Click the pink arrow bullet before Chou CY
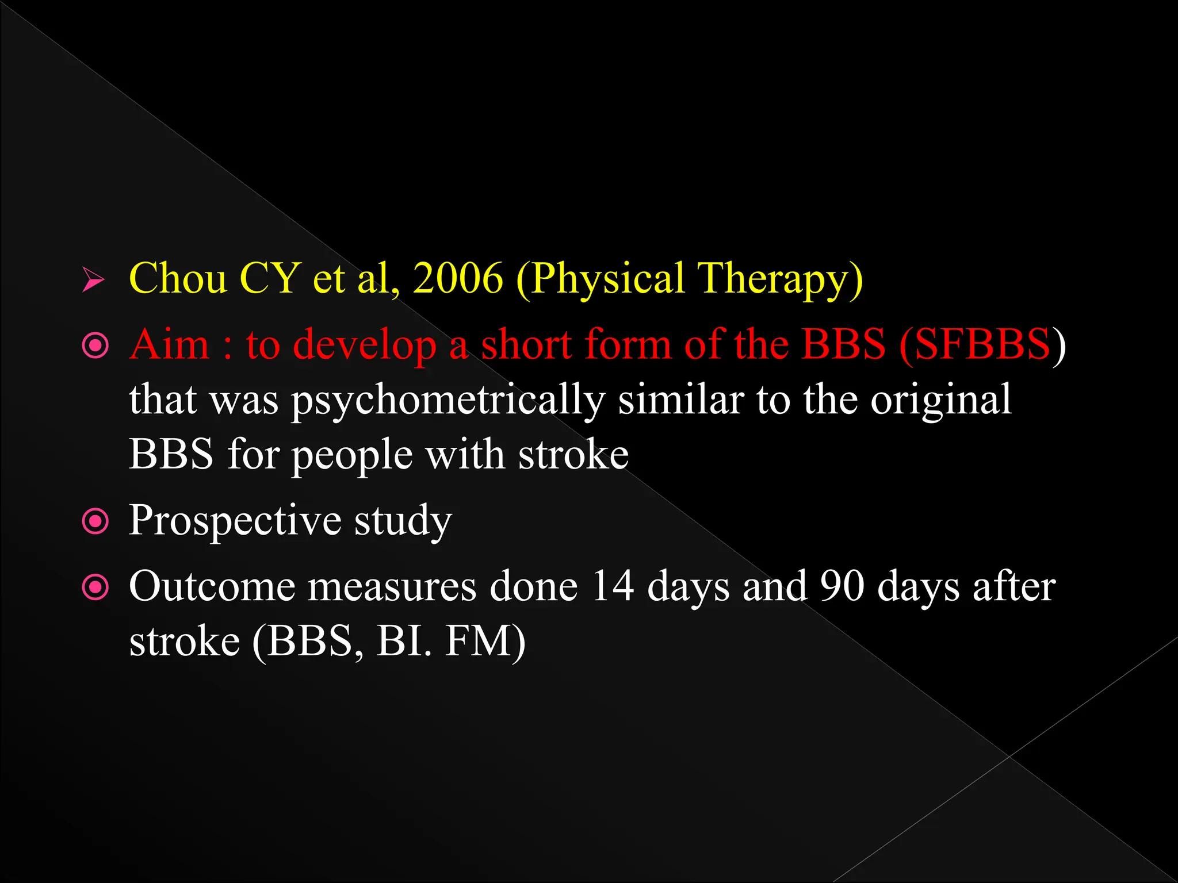pyautogui.click(x=93, y=280)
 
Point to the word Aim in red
pyautogui.click(x=170, y=345)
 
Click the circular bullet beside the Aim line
pyautogui.click(x=95, y=345)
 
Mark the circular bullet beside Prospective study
pyautogui.click(x=95, y=521)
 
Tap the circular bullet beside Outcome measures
pyautogui.click(x=95, y=588)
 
